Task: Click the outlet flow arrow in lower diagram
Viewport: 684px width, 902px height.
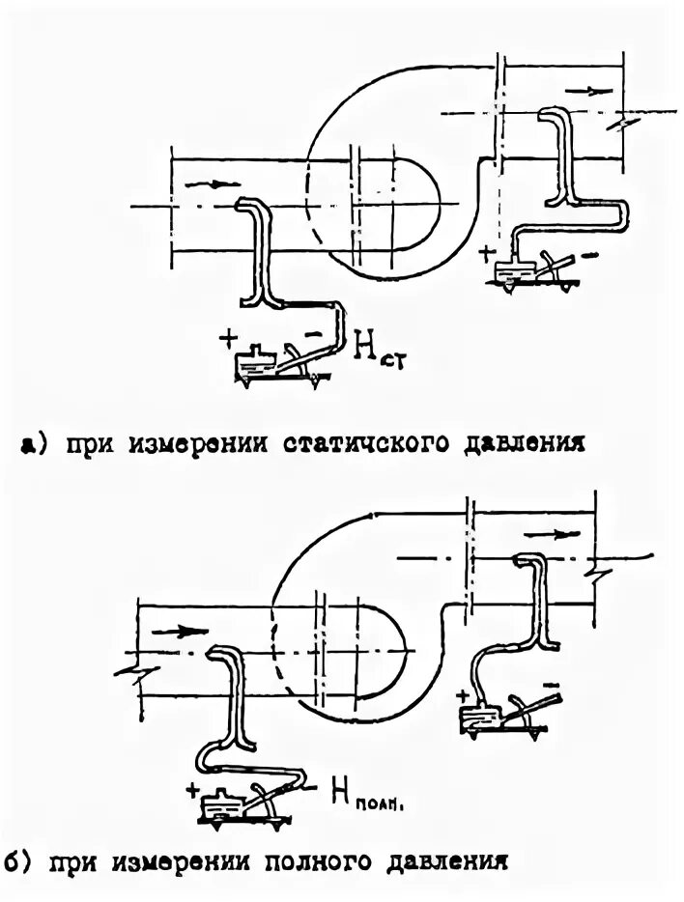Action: click(545, 533)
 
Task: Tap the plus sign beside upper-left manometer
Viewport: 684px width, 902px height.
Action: click(228, 337)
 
